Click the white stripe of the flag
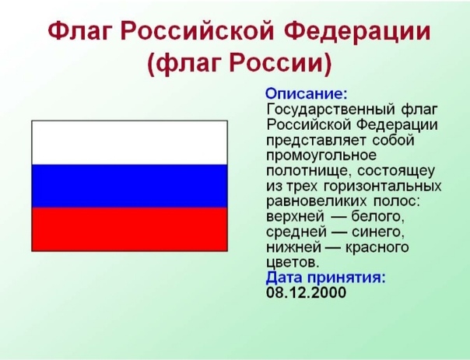129,143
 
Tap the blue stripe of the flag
129,186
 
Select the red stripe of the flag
129,229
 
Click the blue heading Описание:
307,94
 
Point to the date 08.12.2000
306,292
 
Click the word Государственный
331,110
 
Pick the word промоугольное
321,156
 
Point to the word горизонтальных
383,187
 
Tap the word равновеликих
316,201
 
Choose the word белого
377,216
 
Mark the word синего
377,232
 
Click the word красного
377,247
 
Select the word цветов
293,263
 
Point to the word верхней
295,216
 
